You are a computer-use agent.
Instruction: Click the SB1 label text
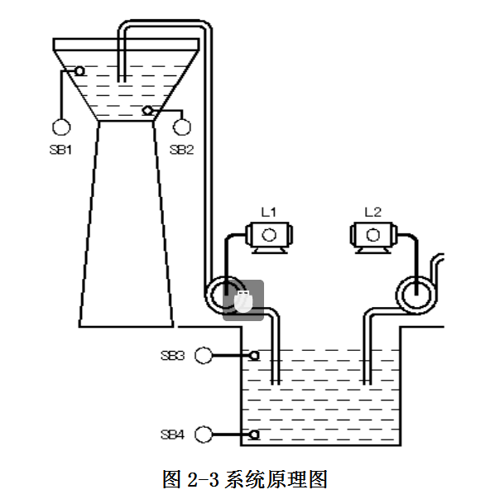[x=60, y=150]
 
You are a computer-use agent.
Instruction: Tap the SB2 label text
[x=181, y=150]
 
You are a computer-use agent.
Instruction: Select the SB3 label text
[x=173, y=356]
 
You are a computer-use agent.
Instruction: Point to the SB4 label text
[x=173, y=434]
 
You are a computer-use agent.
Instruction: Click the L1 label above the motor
[x=268, y=212]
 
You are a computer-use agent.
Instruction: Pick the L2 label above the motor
[x=372, y=212]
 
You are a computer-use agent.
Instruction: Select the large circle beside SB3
[x=204, y=356]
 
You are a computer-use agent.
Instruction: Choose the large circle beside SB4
[x=204, y=434]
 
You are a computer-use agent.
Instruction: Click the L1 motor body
[x=269, y=238]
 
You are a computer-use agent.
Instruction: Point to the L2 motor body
[x=373, y=238]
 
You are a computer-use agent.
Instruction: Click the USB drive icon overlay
[x=243, y=301]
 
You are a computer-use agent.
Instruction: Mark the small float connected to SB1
[x=79, y=71]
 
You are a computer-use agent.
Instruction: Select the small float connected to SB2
[x=147, y=111]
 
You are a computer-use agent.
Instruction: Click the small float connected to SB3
[x=254, y=356]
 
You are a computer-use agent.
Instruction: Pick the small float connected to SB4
[x=254, y=434]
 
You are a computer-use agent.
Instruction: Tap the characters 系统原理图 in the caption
[x=276, y=479]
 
